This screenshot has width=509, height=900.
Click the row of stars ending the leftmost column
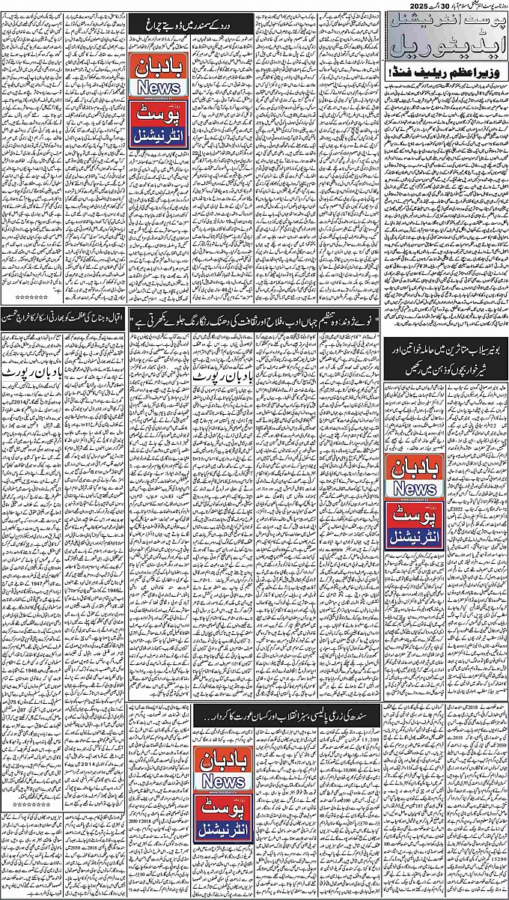(31, 276)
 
